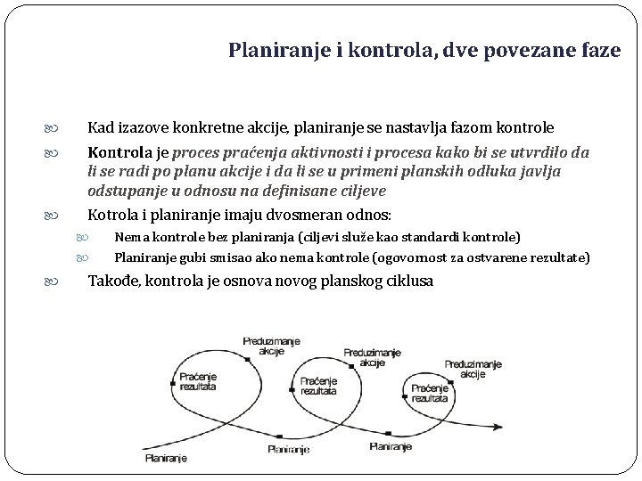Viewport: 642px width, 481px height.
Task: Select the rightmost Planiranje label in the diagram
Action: click(390, 445)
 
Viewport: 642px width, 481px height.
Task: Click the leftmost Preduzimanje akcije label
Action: click(271, 346)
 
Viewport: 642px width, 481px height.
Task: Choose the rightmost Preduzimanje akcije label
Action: click(473, 369)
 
